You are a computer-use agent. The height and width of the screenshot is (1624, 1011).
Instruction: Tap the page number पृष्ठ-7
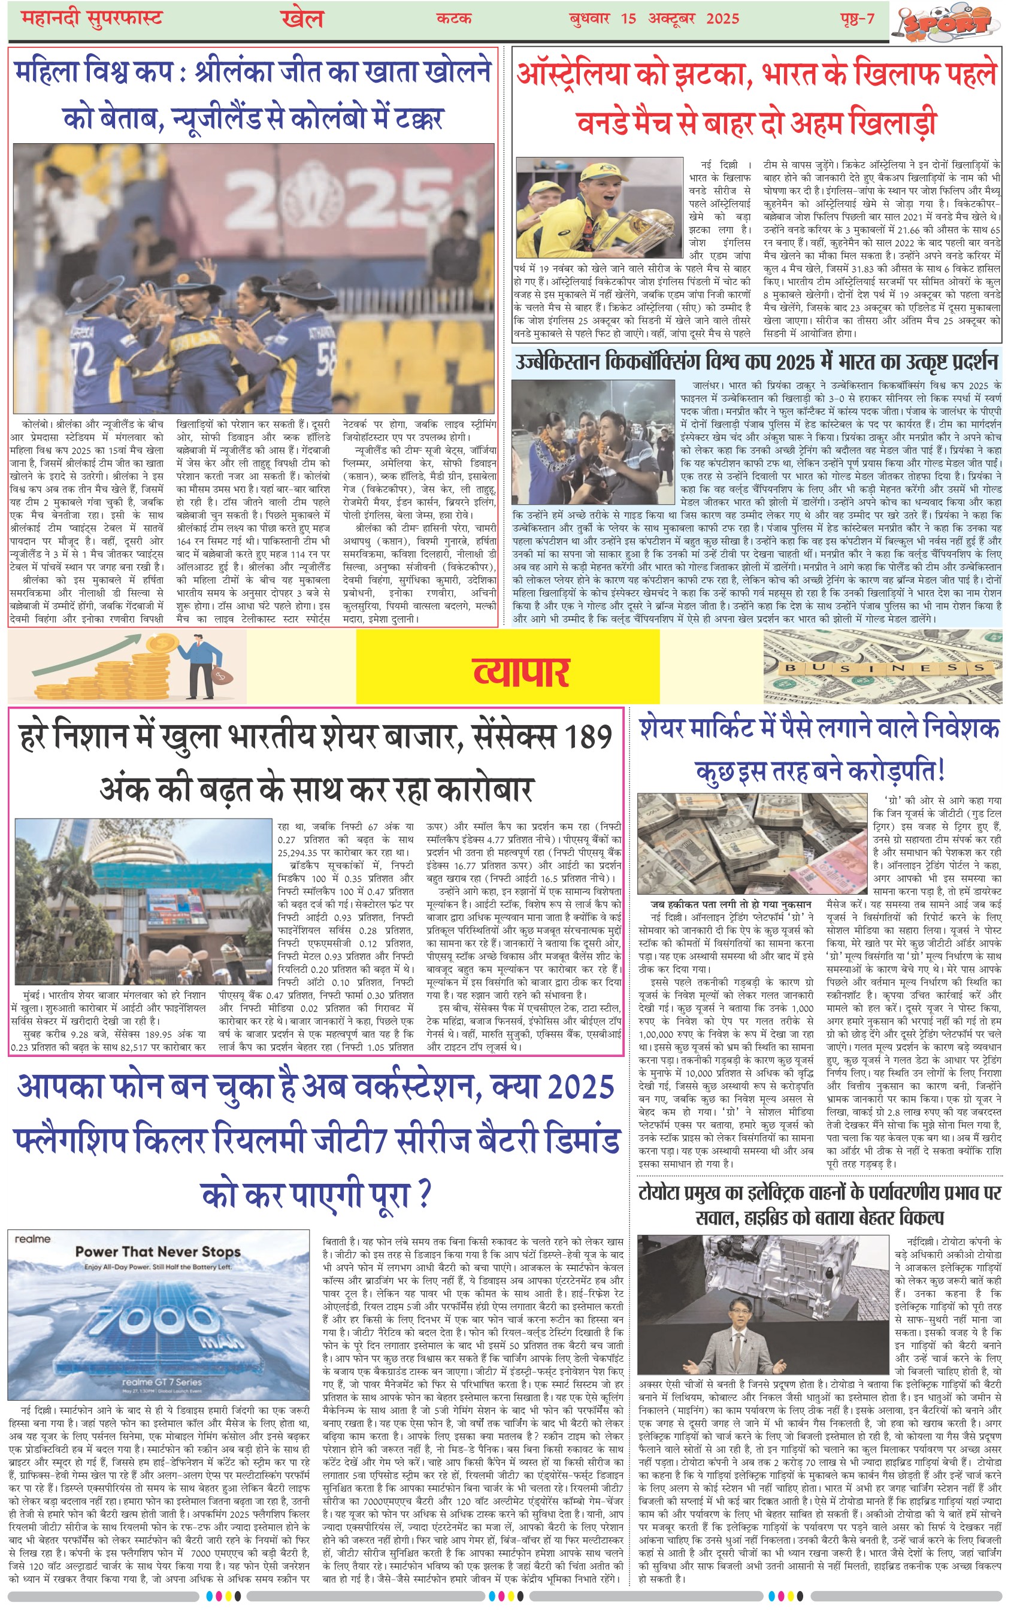[x=857, y=18]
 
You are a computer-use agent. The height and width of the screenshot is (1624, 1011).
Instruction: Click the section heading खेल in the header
[x=302, y=18]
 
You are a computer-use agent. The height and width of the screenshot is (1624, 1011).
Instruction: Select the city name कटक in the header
[x=454, y=18]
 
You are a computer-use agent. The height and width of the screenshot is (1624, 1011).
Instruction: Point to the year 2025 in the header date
[x=722, y=18]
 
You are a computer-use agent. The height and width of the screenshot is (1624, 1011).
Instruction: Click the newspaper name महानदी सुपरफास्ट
[x=92, y=18]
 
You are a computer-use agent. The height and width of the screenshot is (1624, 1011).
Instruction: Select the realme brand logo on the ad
[x=32, y=1238]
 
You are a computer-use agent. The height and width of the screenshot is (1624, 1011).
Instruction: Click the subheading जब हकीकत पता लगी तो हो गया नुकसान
[x=731, y=904]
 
